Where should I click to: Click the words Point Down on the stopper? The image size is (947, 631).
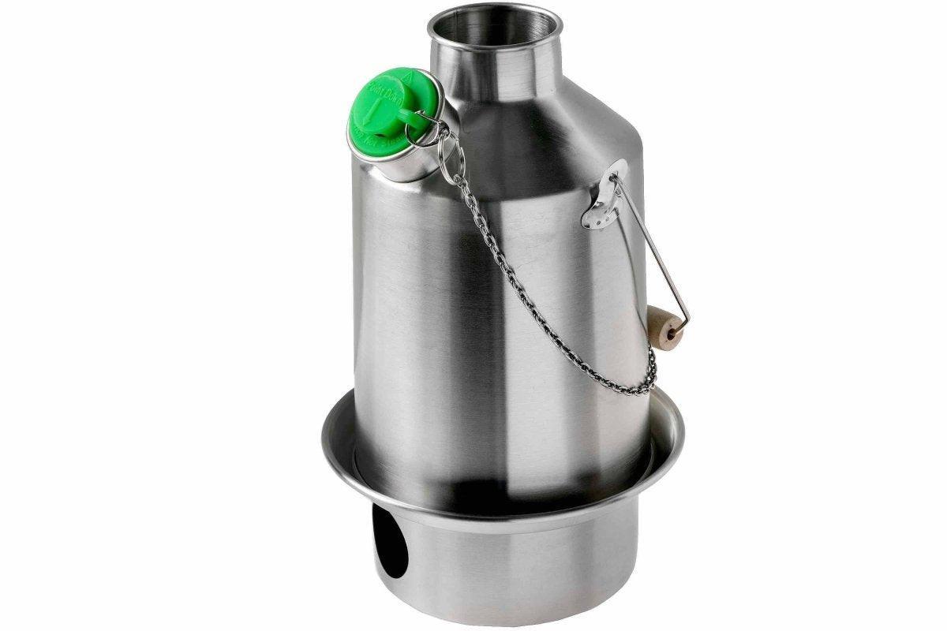point(387,95)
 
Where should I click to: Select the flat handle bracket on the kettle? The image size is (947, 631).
point(606,193)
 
